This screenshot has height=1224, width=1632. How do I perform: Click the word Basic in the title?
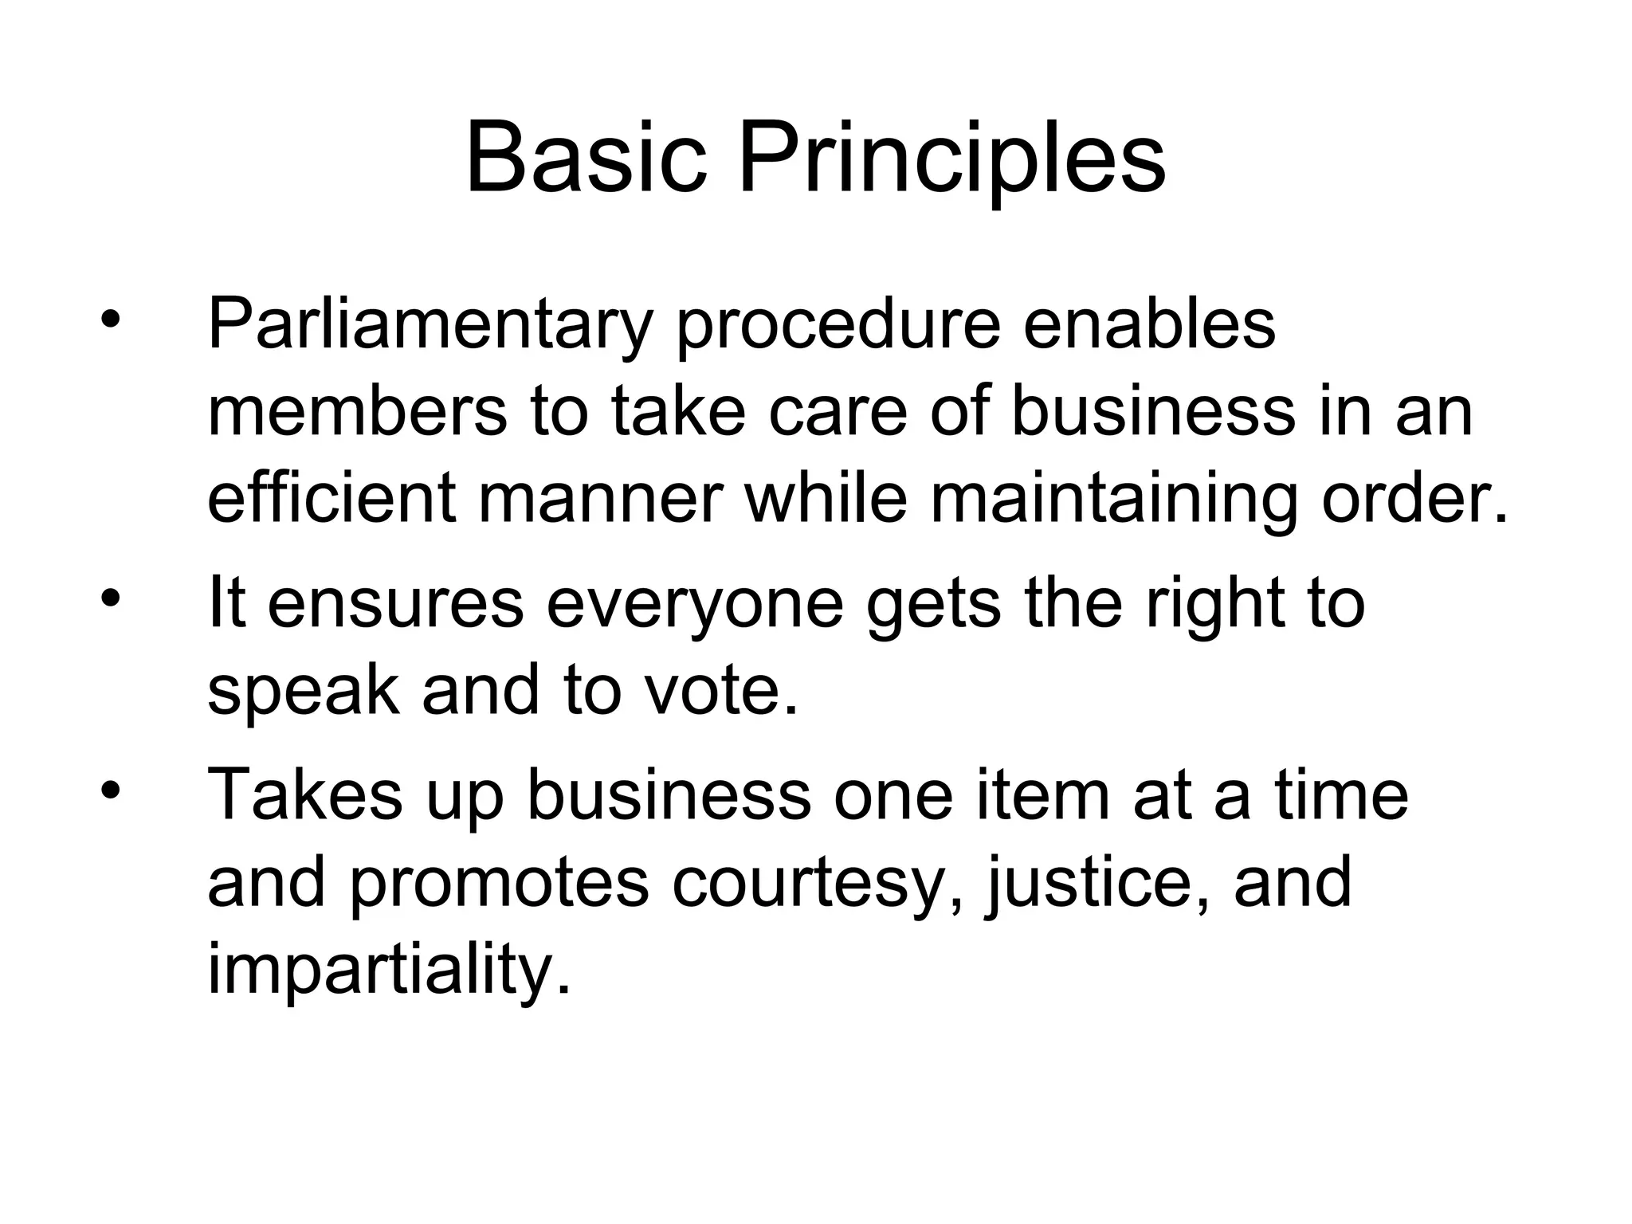click(x=586, y=158)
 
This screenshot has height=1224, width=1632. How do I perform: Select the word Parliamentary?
click(x=430, y=327)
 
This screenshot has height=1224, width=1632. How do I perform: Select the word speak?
click(x=303, y=690)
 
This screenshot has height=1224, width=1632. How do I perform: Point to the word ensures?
click(x=395, y=604)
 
